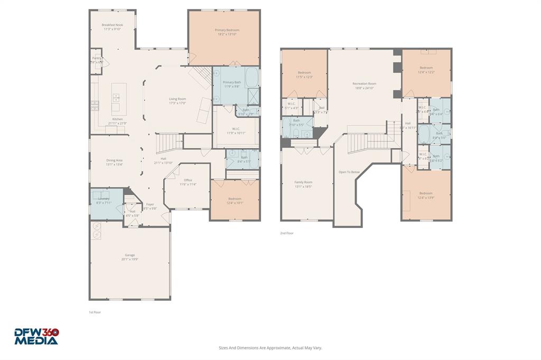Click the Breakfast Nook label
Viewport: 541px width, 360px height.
(x=111, y=25)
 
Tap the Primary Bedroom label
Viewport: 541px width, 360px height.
(x=227, y=30)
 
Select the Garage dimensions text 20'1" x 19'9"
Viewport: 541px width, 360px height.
(x=129, y=259)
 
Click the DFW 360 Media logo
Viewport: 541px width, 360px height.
(x=36, y=336)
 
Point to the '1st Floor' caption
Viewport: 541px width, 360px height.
(x=95, y=312)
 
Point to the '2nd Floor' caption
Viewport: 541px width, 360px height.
(x=287, y=233)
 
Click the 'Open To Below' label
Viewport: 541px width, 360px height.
(x=349, y=172)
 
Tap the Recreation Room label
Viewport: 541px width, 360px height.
(x=365, y=83)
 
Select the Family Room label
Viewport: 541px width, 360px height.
(x=303, y=182)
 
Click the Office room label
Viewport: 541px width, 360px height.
(x=188, y=180)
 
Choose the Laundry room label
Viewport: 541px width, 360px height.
(x=104, y=198)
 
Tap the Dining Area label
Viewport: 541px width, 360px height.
(x=115, y=160)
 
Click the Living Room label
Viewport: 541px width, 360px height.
(x=178, y=99)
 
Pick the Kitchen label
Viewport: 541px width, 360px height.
(x=117, y=119)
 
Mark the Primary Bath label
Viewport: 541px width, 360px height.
(x=231, y=82)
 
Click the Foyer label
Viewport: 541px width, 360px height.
(x=151, y=204)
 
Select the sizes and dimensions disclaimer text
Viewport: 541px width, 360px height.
(x=270, y=348)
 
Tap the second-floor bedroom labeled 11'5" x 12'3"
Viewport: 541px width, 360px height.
(x=304, y=72)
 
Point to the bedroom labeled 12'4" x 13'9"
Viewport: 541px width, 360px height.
(x=426, y=193)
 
